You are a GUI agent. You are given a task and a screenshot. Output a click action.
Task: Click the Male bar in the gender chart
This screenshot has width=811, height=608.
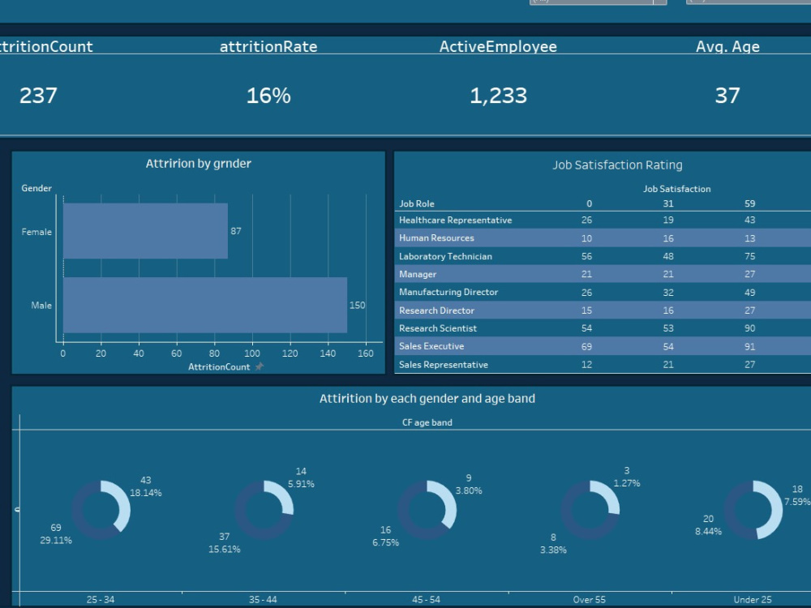click(204, 305)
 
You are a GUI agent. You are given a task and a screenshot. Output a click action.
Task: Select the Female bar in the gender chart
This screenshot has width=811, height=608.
click(145, 231)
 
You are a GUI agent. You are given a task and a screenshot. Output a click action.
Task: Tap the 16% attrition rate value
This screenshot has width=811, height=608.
click(268, 96)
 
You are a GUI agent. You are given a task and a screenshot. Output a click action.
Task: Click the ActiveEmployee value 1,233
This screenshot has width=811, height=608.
click(498, 96)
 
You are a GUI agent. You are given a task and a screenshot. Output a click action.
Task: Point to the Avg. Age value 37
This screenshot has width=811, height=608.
click(727, 96)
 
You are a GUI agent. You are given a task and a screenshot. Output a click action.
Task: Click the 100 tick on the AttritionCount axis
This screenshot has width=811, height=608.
click(252, 353)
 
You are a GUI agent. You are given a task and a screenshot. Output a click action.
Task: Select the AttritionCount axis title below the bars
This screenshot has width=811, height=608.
click(219, 366)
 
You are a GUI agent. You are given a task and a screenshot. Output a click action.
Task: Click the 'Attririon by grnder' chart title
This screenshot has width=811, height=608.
click(198, 164)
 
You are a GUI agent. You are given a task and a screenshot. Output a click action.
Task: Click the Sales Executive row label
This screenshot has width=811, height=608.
click(431, 346)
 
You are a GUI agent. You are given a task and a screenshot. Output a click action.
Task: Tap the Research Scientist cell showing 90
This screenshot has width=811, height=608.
click(749, 328)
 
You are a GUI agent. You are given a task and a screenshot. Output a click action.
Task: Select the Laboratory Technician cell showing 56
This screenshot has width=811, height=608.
click(586, 256)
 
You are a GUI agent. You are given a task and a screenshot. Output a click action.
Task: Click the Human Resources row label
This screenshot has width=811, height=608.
click(436, 238)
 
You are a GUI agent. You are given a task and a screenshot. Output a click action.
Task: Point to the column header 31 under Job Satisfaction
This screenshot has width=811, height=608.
click(668, 203)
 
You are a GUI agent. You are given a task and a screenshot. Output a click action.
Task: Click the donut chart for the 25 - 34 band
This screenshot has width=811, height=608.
click(101, 510)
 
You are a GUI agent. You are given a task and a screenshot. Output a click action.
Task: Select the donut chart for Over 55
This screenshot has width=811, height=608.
click(590, 510)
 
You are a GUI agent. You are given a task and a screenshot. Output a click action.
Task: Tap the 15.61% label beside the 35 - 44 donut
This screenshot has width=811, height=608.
click(224, 549)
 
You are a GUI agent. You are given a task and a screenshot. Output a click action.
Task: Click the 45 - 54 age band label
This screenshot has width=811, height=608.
click(426, 600)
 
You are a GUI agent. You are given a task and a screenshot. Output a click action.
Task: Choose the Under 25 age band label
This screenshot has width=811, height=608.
click(752, 600)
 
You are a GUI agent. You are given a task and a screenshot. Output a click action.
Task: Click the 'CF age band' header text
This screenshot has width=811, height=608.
click(427, 422)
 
